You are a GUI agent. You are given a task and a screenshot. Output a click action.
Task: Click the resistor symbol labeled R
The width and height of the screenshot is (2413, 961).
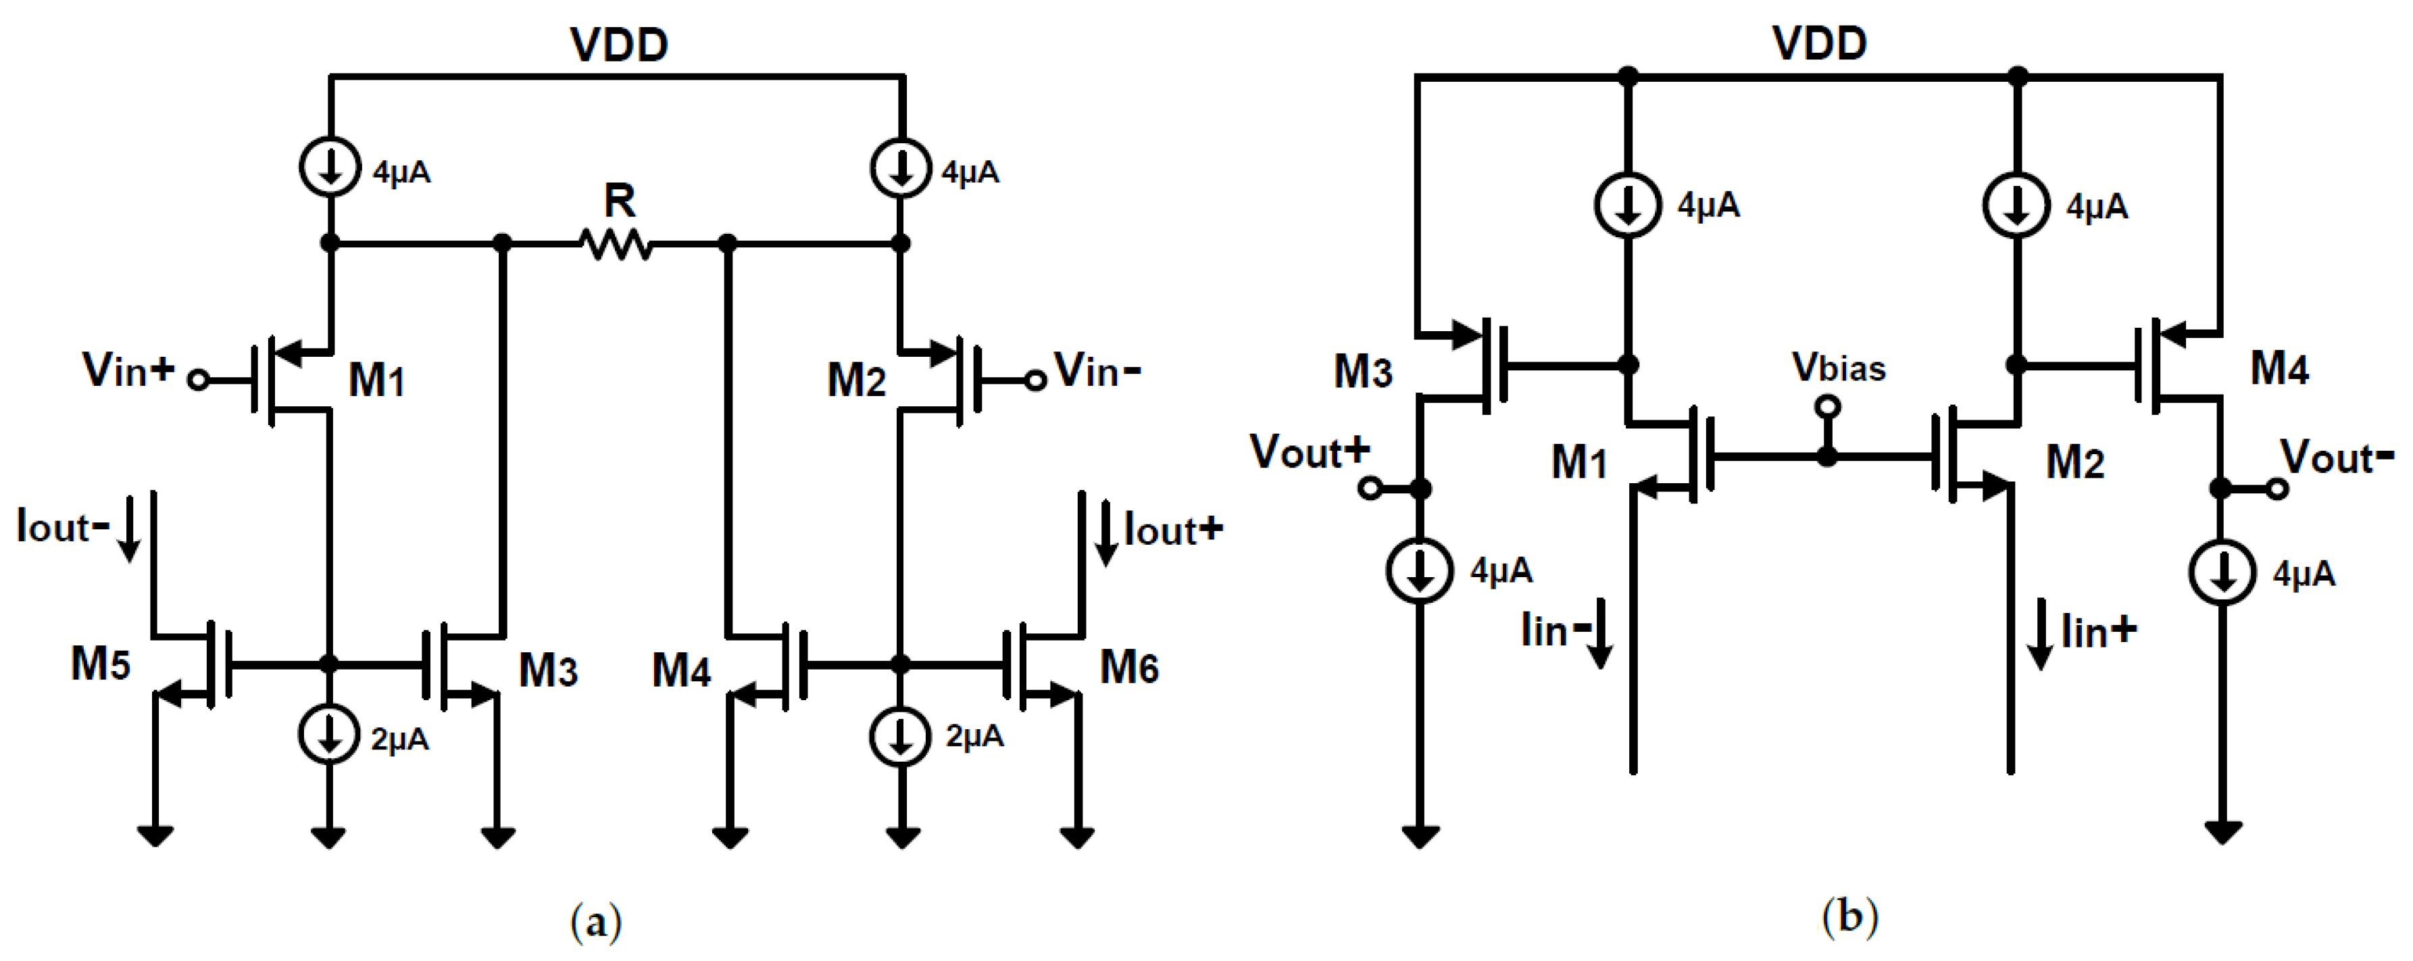click(616, 245)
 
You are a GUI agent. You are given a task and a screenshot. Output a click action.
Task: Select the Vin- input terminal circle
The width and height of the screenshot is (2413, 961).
click(1035, 380)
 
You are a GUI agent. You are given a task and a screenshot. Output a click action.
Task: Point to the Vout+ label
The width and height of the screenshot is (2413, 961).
click(1309, 452)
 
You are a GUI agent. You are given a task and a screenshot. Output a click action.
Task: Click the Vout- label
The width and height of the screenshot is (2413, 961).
click(2335, 458)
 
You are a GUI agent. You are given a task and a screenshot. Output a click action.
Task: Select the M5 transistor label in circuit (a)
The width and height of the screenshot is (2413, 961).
click(100, 664)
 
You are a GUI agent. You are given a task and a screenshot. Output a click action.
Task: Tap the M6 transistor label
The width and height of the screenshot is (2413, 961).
click(1128, 668)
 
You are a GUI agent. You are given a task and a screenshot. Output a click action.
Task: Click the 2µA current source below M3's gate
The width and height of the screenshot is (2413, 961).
click(329, 735)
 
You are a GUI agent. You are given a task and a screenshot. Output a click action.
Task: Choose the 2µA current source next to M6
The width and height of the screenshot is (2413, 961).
click(900, 736)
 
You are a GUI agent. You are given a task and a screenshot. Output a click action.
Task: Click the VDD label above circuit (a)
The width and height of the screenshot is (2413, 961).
click(619, 45)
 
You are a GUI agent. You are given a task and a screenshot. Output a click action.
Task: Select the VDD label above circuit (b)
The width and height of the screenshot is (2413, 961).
click(1819, 43)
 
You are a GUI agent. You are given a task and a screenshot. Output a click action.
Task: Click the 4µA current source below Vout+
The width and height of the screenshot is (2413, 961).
click(1420, 571)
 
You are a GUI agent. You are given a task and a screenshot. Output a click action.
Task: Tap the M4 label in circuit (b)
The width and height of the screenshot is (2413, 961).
click(2279, 369)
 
